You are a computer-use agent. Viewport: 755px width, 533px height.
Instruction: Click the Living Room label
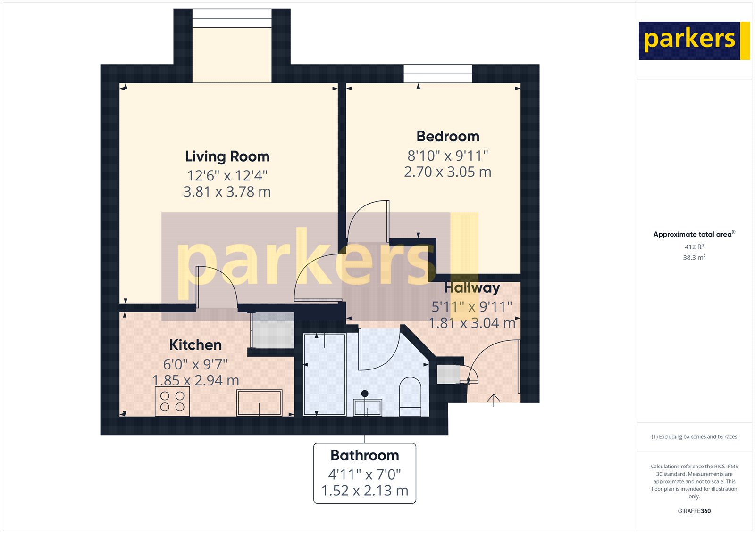point(227,156)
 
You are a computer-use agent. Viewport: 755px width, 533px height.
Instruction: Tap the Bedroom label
point(448,137)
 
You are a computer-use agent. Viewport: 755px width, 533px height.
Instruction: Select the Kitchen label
point(195,345)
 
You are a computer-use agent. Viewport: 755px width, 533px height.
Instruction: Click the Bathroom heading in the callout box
point(365,455)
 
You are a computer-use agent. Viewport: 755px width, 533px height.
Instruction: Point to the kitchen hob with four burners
point(172,402)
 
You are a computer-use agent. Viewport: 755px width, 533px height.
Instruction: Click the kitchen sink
point(260,403)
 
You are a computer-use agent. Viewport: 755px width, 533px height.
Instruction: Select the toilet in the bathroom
point(410,396)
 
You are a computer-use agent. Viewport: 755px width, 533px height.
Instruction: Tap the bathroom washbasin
point(368,407)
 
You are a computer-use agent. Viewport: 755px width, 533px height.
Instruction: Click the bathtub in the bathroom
point(325,374)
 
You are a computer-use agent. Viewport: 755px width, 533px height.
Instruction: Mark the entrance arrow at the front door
point(494,400)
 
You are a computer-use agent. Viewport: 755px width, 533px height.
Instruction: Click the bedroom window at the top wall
point(437,74)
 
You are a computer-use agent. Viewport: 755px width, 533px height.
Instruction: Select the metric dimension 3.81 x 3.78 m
point(227,192)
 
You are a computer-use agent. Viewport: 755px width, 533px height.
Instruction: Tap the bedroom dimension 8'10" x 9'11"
point(448,156)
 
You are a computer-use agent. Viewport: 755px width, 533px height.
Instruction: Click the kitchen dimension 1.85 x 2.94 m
point(195,380)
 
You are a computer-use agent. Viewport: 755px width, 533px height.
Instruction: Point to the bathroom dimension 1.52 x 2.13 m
point(365,491)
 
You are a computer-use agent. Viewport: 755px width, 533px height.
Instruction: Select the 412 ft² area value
point(694,246)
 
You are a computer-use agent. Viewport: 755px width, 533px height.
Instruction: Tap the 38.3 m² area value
point(694,257)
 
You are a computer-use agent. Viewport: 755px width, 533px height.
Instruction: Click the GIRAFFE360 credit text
point(694,511)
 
